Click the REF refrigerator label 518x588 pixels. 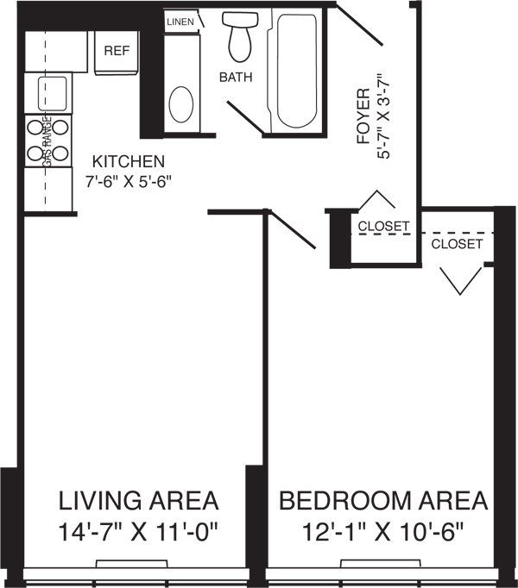click(x=117, y=50)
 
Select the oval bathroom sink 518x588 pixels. click(x=180, y=103)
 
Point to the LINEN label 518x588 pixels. click(x=180, y=21)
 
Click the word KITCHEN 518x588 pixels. click(x=129, y=161)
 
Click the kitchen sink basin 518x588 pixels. click(x=52, y=90)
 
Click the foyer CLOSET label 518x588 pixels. click(x=383, y=227)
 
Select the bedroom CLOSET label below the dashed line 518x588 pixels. click(x=457, y=244)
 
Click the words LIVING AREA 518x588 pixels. click(x=138, y=501)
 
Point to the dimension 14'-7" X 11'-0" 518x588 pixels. click(x=138, y=529)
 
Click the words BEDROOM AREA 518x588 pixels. click(x=383, y=501)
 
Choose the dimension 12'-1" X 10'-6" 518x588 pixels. click(x=383, y=529)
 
